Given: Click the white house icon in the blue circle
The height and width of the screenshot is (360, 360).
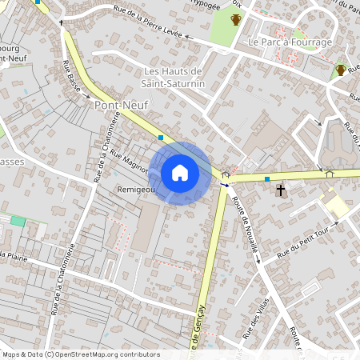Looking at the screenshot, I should coord(180,173).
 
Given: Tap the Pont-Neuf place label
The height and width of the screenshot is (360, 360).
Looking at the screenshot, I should coord(117,105).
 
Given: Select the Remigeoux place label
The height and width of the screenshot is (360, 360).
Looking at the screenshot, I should coord(135,190).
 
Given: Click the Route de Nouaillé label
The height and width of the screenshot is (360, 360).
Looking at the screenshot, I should coord(246,226).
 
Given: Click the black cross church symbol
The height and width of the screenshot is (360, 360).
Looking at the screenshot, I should coord(280,190).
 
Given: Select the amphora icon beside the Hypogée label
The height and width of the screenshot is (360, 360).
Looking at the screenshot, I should coord(236,19).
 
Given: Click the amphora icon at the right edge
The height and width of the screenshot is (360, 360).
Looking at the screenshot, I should coord(341,70).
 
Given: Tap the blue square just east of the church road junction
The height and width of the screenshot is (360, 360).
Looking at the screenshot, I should coord(267,179).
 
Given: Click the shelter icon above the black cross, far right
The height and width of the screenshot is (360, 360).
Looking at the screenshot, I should coord(329,171).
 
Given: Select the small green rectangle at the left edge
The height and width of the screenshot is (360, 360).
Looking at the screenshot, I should coord(18,220).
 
